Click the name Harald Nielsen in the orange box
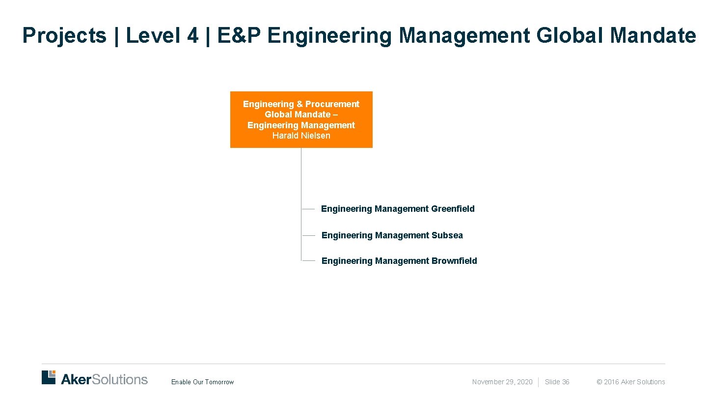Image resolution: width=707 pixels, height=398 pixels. [x=301, y=136]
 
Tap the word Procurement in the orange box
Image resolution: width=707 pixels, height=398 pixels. [x=332, y=104]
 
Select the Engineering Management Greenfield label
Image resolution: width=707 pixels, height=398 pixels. [x=398, y=209]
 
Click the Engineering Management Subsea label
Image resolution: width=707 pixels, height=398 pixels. [x=392, y=235]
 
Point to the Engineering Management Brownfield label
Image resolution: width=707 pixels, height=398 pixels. [x=399, y=261]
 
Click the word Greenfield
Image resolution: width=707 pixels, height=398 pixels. [x=453, y=209]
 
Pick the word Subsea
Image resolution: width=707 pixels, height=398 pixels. [x=447, y=235]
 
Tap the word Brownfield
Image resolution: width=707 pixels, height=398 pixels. [x=454, y=261]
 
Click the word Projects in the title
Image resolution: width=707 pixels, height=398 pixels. [x=64, y=35]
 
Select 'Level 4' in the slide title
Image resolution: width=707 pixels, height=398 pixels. [x=162, y=35]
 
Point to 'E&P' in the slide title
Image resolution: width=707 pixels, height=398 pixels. [x=239, y=35]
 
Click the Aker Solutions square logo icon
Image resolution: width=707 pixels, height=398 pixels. [x=49, y=377]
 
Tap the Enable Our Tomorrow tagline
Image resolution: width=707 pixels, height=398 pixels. [x=202, y=382]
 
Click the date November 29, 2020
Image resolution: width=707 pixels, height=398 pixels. [x=502, y=382]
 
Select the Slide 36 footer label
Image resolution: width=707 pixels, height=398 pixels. [x=557, y=382]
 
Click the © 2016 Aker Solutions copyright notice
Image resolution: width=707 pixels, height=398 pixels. [x=630, y=382]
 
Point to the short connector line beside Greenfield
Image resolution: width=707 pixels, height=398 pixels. [x=308, y=209]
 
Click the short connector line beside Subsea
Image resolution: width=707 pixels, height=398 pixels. [x=308, y=235]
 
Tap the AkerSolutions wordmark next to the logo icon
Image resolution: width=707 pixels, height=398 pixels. [x=104, y=379]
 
